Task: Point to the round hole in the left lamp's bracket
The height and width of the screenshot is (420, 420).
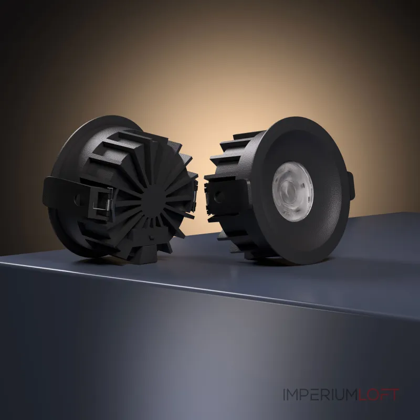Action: [77, 198]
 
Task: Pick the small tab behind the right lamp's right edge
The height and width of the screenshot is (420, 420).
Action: [351, 185]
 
